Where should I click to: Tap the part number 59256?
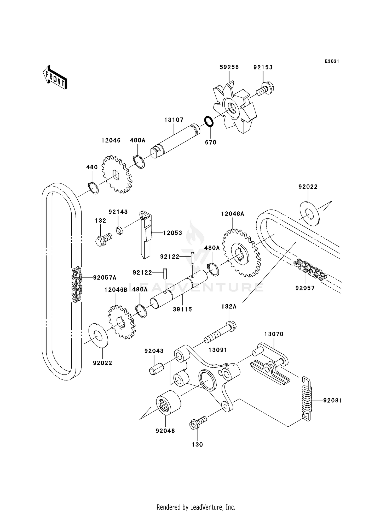[x=229, y=67]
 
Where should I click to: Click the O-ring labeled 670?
[x=209, y=121]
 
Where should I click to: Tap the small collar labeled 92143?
[x=120, y=231]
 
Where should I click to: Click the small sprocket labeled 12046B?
[x=122, y=323]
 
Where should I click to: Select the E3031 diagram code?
[x=332, y=61]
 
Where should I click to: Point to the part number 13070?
[x=274, y=334]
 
